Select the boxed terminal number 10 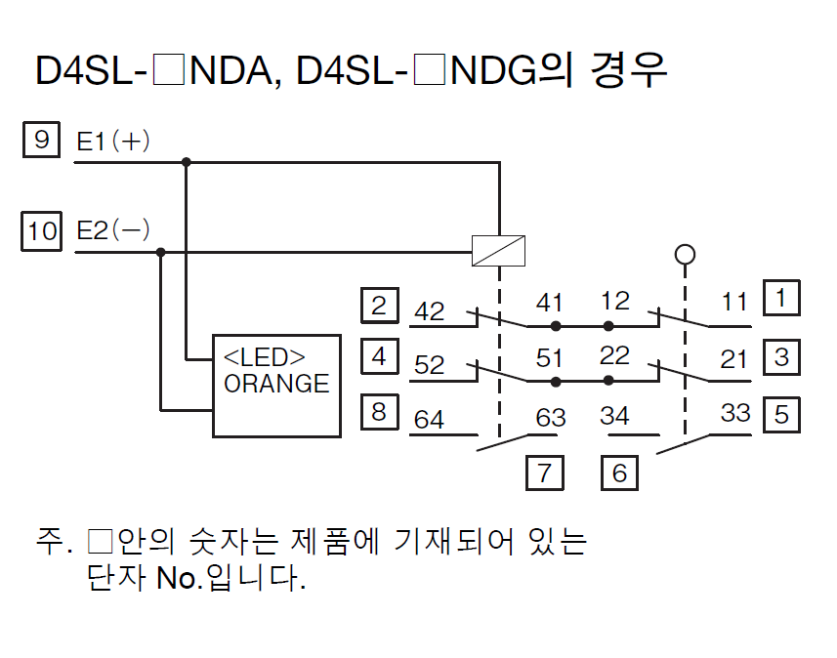click(x=42, y=230)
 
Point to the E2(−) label click(x=113, y=231)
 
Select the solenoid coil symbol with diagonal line click(x=499, y=251)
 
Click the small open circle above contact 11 click(x=685, y=255)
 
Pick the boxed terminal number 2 click(x=379, y=306)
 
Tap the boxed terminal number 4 click(x=379, y=356)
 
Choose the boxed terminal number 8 click(x=379, y=412)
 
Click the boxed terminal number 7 click(x=544, y=473)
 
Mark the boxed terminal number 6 click(x=619, y=473)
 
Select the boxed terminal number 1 click(x=781, y=298)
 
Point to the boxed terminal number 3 click(x=781, y=356)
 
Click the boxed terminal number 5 click(x=781, y=414)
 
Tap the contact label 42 click(x=430, y=311)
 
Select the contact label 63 click(x=551, y=418)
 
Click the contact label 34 click(x=614, y=417)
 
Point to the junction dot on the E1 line click(x=187, y=162)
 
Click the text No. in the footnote click(x=181, y=579)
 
